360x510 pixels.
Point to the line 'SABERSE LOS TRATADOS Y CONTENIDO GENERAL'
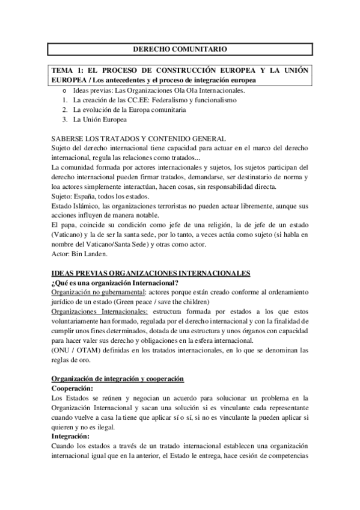(138, 138)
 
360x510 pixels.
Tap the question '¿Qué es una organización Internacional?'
(114, 283)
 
